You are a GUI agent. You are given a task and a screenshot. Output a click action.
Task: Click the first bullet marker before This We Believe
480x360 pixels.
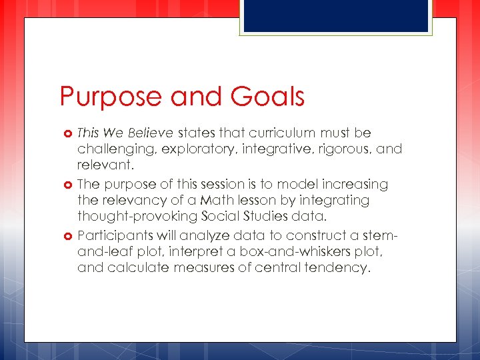tap(68, 133)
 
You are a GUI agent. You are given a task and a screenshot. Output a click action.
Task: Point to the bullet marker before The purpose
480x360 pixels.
tap(68, 184)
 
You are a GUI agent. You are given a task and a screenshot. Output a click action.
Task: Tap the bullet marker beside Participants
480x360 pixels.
tap(68, 235)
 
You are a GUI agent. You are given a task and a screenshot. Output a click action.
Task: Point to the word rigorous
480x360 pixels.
tap(341, 149)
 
